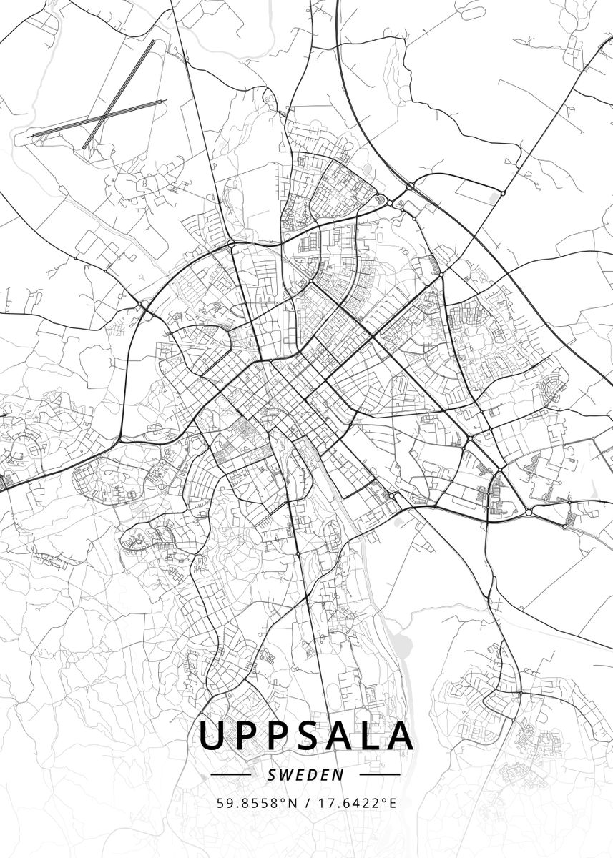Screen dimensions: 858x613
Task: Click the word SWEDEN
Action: (305, 774)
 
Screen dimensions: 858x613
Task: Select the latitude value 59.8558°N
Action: (257, 803)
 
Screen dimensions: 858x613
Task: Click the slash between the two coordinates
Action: (307, 803)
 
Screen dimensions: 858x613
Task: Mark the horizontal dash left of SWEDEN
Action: (231, 774)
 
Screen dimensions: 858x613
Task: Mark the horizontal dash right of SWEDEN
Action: (379, 774)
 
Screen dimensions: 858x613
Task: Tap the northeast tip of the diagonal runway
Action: (153, 41)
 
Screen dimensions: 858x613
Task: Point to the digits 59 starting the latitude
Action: (222, 803)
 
